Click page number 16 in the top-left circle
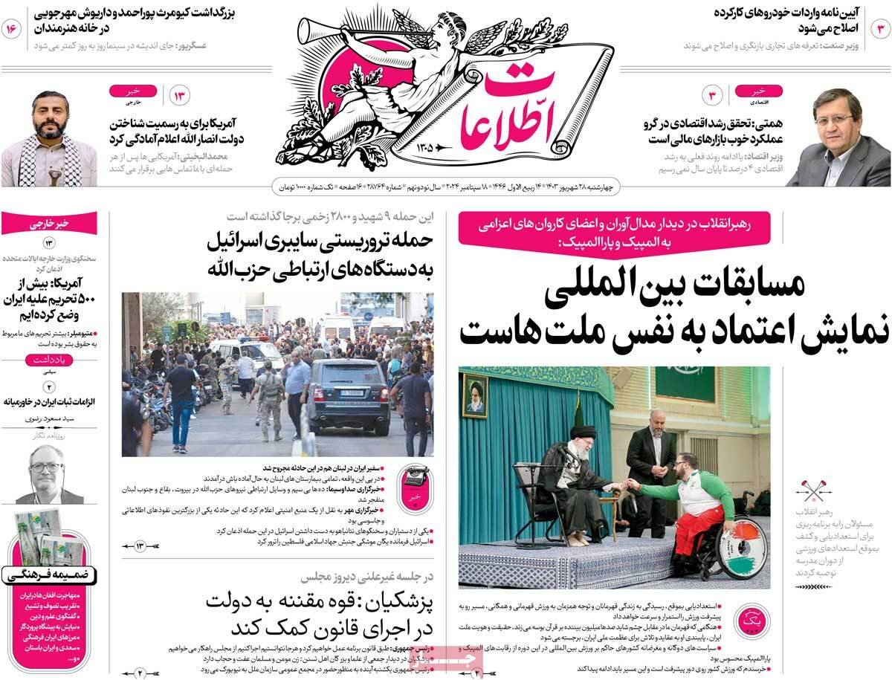tap(13, 29)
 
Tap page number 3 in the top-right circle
tap(879, 29)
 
